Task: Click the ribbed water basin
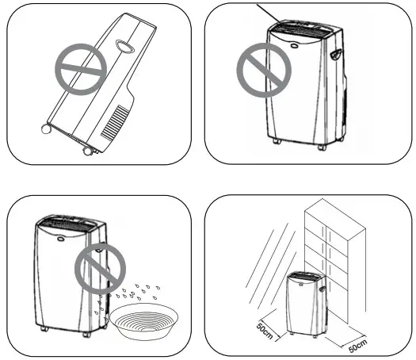150,324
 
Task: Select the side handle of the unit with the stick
338,56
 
